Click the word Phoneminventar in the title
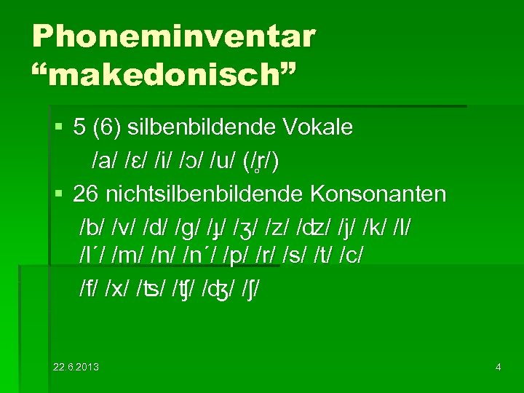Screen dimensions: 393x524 [174, 36]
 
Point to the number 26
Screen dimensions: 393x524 [86, 195]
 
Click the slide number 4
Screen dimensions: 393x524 [498, 367]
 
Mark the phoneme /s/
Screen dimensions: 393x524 [321, 259]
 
